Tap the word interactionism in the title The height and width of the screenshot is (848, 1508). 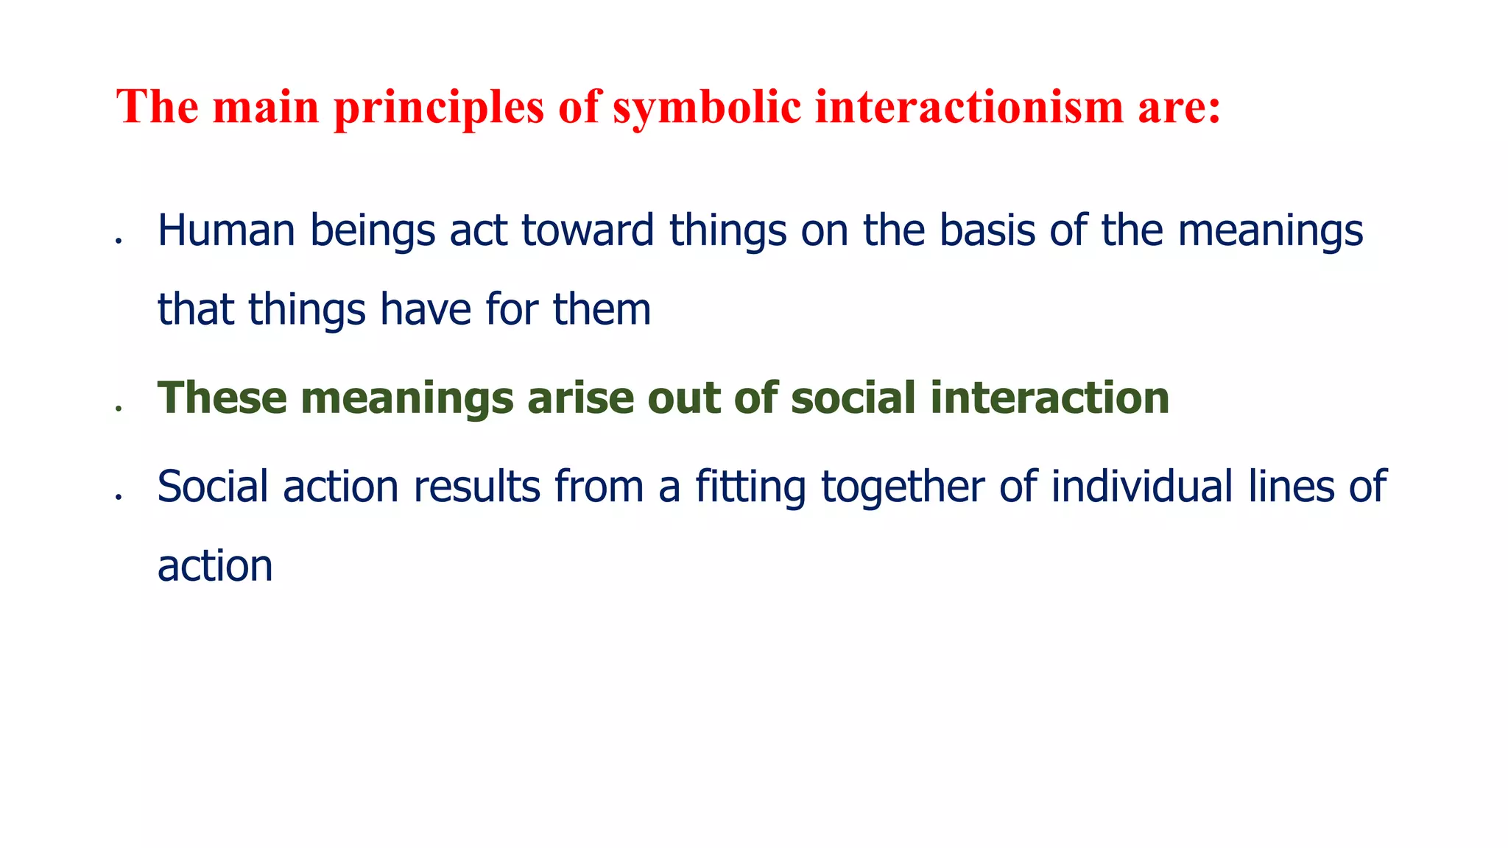tap(969, 107)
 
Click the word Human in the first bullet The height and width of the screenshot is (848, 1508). tap(226, 230)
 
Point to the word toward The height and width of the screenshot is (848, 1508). tap(588, 230)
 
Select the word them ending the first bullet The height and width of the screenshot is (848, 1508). tap(602, 309)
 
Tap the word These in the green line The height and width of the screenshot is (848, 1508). tap(222, 398)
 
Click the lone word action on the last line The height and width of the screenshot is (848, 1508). tap(215, 567)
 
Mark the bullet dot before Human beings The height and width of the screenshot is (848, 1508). tap(118, 241)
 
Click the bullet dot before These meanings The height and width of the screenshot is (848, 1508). tap(118, 409)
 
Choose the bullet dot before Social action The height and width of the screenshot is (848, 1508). tap(118, 498)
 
